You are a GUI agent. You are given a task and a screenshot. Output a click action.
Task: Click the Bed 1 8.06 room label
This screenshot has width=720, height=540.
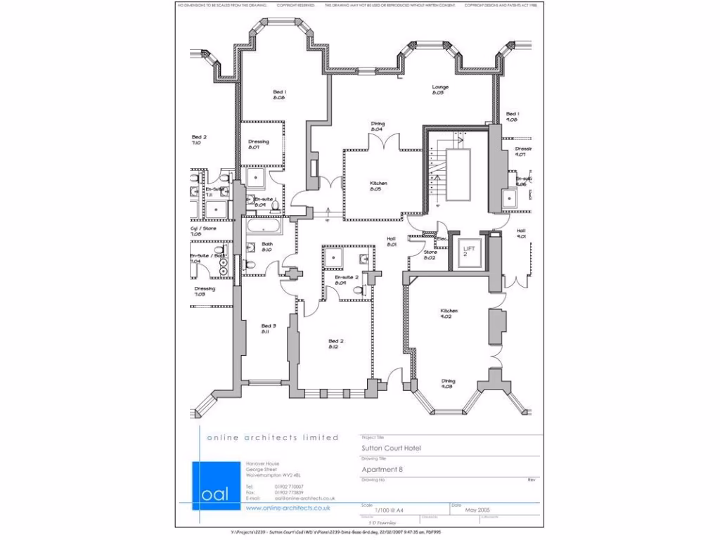point(279,95)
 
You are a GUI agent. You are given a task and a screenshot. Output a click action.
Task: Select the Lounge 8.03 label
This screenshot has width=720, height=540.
point(439,90)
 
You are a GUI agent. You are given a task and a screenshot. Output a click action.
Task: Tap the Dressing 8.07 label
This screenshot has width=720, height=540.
point(258,145)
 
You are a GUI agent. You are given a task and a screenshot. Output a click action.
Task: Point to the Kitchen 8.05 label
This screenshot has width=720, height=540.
point(378,186)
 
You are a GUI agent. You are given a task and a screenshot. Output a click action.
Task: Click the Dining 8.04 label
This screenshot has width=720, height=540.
point(378,127)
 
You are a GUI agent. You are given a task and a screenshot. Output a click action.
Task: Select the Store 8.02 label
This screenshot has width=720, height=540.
point(430,255)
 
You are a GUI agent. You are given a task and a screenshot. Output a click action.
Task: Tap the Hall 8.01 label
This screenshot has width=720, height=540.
point(391,242)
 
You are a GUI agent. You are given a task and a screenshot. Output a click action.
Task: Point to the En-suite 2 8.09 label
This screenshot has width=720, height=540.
point(347,281)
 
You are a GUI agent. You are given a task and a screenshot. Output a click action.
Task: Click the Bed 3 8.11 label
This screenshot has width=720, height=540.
point(268,328)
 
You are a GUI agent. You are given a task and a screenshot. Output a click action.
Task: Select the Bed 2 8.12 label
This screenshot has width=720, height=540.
point(335,344)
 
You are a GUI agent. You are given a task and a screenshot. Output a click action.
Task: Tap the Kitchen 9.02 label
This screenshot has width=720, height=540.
point(449,314)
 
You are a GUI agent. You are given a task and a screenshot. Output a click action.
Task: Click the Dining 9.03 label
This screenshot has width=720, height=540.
point(447,384)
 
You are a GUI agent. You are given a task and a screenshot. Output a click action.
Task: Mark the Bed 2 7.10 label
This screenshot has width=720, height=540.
point(198,140)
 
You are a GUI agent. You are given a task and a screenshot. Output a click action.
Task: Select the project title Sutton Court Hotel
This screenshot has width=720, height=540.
point(391,447)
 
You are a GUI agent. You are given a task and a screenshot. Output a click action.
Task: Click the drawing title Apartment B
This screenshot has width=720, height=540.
point(382,470)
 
